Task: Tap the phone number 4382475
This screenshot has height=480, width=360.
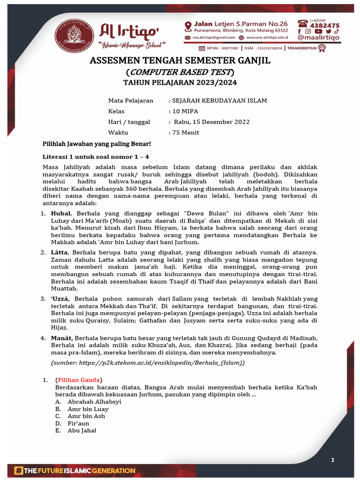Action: [323, 26]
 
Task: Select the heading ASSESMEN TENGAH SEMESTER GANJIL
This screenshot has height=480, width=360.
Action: [180, 61]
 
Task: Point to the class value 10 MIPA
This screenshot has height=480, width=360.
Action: [186, 111]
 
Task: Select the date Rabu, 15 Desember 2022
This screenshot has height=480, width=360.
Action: [211, 122]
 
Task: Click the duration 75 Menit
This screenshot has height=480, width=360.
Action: [186, 133]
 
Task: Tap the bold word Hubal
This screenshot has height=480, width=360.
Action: [60, 213]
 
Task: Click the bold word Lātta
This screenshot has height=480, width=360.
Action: [60, 253]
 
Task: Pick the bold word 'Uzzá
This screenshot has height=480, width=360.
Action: [60, 299]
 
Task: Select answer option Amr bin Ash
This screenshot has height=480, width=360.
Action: [86, 416]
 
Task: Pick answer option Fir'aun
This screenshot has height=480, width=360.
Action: [78, 423]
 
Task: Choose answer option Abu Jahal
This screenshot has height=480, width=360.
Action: [82, 430]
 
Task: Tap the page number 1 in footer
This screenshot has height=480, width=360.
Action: [333, 460]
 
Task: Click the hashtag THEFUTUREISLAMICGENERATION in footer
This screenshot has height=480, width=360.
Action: [75, 470]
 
